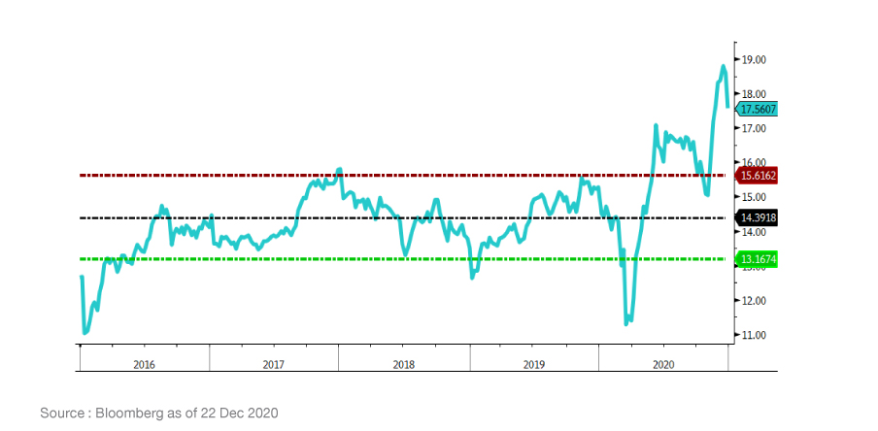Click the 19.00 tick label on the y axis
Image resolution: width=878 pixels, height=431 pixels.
(x=754, y=59)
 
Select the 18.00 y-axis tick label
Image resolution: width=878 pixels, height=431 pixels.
(x=754, y=94)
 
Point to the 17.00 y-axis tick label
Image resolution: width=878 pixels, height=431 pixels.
(x=754, y=128)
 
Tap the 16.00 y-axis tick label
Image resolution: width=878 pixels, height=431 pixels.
(x=754, y=163)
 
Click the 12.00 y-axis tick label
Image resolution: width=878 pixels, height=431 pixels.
(x=754, y=301)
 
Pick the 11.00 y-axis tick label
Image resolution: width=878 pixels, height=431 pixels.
(x=754, y=335)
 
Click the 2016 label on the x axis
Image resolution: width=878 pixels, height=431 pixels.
(x=144, y=364)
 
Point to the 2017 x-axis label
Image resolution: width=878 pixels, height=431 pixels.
(x=274, y=364)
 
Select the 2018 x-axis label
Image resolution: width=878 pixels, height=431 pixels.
(x=404, y=364)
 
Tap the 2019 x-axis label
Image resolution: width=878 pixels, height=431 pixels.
(x=533, y=364)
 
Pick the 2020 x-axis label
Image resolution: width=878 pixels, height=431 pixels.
(x=663, y=364)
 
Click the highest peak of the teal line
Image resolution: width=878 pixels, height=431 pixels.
(x=723, y=66)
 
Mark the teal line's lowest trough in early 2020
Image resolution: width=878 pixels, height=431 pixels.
(x=626, y=322)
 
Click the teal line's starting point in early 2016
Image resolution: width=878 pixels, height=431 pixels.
(x=82, y=278)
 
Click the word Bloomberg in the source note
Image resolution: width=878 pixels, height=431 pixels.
(x=130, y=414)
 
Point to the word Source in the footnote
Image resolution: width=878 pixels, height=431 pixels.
(x=62, y=414)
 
